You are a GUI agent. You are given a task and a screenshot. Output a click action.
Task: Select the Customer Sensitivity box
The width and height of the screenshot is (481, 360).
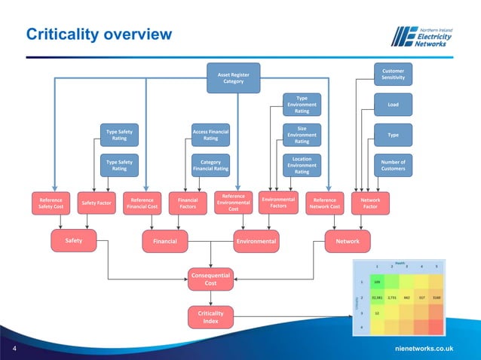(x=393, y=74)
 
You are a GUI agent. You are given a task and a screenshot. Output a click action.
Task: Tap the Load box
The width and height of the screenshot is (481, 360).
(x=393, y=105)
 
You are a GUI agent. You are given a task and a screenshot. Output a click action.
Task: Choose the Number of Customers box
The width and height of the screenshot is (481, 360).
(x=393, y=165)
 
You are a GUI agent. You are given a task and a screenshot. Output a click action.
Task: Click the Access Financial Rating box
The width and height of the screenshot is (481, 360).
(x=211, y=135)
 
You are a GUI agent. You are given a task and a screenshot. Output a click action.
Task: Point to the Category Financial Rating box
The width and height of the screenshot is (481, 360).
(x=211, y=165)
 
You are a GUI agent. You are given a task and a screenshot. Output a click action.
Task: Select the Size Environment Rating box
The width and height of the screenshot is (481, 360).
(x=302, y=135)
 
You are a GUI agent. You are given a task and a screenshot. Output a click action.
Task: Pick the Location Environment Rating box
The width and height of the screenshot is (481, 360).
(x=302, y=165)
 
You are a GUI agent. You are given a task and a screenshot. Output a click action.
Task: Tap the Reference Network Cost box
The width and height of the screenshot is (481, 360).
(x=324, y=203)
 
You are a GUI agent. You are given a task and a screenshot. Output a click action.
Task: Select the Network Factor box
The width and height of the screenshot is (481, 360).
(x=370, y=203)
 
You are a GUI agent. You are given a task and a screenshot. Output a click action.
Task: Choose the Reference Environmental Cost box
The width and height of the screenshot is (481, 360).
(x=234, y=203)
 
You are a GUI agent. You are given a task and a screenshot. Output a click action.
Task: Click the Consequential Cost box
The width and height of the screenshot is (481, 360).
(x=210, y=279)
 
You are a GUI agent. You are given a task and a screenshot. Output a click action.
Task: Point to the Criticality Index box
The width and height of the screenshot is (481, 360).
(x=210, y=316)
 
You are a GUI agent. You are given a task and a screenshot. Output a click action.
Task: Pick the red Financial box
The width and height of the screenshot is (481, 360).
(x=165, y=241)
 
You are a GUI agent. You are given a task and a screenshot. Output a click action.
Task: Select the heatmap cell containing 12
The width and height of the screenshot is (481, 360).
(x=376, y=312)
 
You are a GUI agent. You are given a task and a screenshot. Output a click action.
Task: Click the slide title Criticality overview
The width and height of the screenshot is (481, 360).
(x=98, y=35)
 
